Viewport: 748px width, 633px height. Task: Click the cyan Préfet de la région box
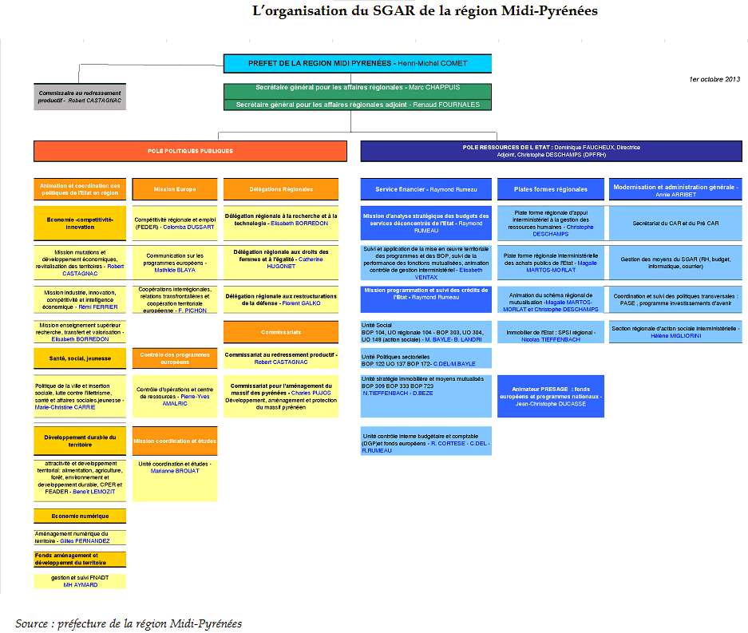click(357, 63)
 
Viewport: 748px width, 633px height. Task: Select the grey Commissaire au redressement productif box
click(80, 97)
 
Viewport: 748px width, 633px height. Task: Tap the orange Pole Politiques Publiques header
click(190, 151)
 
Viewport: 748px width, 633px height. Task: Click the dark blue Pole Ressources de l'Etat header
click(551, 151)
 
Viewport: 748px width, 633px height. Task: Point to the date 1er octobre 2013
click(715, 80)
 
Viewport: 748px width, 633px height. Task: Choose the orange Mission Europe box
click(175, 189)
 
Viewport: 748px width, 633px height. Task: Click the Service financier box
click(425, 189)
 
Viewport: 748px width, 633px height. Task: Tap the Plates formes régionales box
click(550, 189)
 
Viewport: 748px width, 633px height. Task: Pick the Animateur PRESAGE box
click(550, 396)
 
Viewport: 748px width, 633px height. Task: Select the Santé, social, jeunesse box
click(80, 358)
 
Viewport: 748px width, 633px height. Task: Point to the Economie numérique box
click(80, 516)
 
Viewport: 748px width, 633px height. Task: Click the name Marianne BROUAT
click(174, 471)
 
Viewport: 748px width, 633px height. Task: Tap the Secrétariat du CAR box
click(675, 224)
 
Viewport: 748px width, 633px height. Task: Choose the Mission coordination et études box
click(174, 441)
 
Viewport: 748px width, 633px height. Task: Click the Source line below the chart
click(128, 623)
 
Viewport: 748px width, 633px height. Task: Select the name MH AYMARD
click(80, 585)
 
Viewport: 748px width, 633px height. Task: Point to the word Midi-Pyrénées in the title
click(552, 11)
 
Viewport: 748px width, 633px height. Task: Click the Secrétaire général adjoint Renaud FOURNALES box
click(357, 105)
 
